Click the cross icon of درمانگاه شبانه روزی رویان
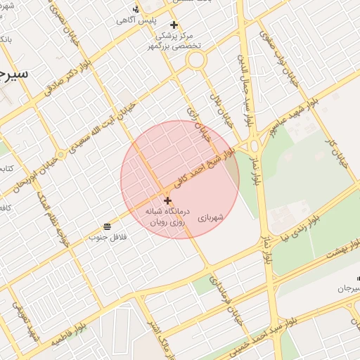coord(167,200)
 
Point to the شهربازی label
coord(210,219)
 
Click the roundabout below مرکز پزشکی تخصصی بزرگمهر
coord(195,60)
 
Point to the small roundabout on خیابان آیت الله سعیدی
coord(61,154)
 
